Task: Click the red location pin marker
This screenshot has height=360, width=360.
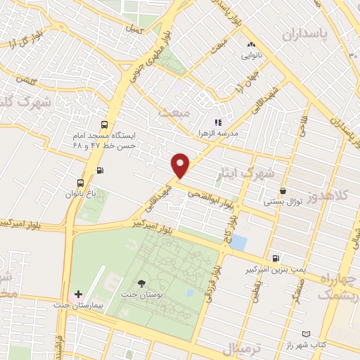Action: click(x=181, y=165)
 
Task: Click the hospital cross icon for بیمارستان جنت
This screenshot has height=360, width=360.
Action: click(x=78, y=294)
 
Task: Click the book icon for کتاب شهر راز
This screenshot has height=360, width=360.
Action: click(x=305, y=334)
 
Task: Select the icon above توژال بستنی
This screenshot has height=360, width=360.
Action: click(x=283, y=191)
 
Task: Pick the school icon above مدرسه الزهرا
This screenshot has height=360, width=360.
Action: click(x=218, y=122)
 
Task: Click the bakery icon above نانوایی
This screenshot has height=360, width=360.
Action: click(x=251, y=45)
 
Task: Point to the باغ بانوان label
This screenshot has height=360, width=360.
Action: click(x=79, y=193)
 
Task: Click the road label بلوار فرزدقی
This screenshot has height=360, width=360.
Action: click(x=210, y=289)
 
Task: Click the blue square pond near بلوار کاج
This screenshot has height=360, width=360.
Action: click(x=239, y=243)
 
